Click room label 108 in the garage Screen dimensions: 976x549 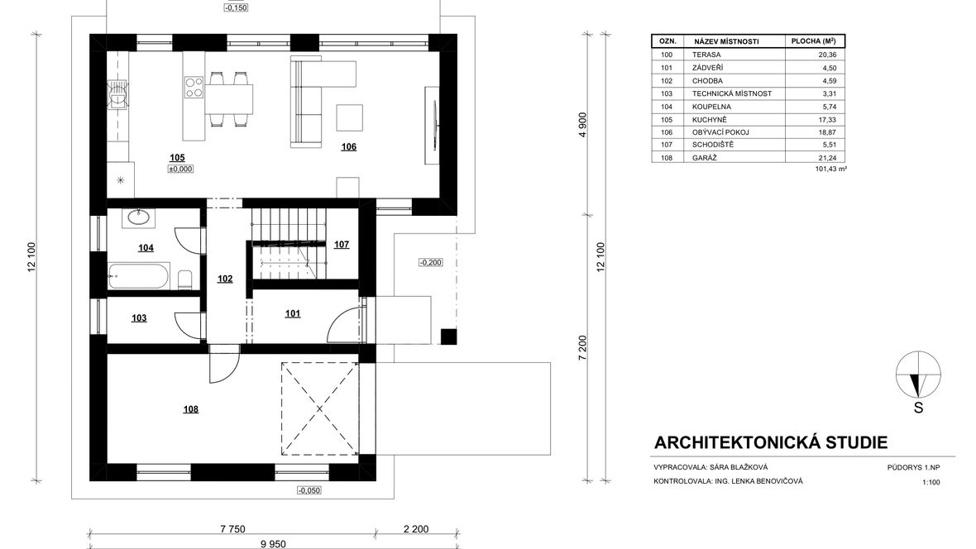[x=190, y=409]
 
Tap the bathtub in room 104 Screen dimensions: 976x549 [x=139, y=276]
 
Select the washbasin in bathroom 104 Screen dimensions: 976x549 [x=137, y=217]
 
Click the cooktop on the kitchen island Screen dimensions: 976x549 [x=194, y=87]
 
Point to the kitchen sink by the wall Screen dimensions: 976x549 [x=117, y=94]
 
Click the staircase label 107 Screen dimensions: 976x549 [x=342, y=245]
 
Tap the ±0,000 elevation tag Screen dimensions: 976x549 [x=180, y=169]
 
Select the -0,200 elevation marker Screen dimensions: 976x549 [x=430, y=263]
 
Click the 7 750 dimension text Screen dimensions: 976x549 [x=232, y=529]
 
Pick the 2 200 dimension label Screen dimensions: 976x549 [x=416, y=529]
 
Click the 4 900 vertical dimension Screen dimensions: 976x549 [x=582, y=125]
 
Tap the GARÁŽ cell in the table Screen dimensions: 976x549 [x=705, y=158]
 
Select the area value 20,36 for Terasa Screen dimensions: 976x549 [x=828, y=55]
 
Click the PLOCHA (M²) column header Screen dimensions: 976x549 [x=814, y=41]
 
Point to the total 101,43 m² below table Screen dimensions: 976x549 [x=831, y=169]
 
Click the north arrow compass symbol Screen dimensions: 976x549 [x=918, y=375]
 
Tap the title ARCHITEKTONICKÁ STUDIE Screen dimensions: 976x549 [x=771, y=442]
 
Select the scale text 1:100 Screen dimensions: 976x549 [x=931, y=482]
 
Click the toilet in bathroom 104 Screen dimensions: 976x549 [x=185, y=280]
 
